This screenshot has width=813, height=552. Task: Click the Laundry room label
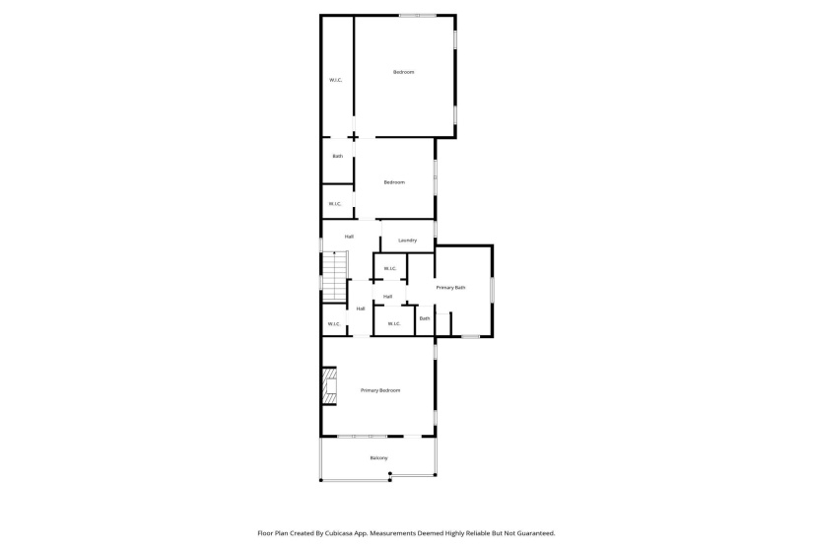coord(407,241)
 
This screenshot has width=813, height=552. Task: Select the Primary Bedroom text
coord(380,391)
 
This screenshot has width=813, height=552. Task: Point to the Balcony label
coord(378,458)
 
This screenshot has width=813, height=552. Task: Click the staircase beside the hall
coord(336,276)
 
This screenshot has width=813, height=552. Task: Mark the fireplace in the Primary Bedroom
coord(328,388)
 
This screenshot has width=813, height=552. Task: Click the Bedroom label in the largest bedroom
coord(403,72)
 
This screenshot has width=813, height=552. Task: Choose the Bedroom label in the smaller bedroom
coord(394,182)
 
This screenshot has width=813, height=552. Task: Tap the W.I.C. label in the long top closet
coord(335,80)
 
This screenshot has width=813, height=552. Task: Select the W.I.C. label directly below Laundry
coord(389,269)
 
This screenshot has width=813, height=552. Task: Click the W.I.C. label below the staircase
coord(334,323)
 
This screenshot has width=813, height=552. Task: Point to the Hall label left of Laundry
coord(349,237)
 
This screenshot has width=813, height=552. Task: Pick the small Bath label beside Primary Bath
coord(425,318)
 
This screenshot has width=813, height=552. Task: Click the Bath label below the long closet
coord(337,156)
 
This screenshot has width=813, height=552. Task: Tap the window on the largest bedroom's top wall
coord(418,15)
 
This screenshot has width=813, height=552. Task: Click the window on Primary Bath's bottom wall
coord(471,337)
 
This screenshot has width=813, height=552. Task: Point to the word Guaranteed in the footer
coord(533,532)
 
